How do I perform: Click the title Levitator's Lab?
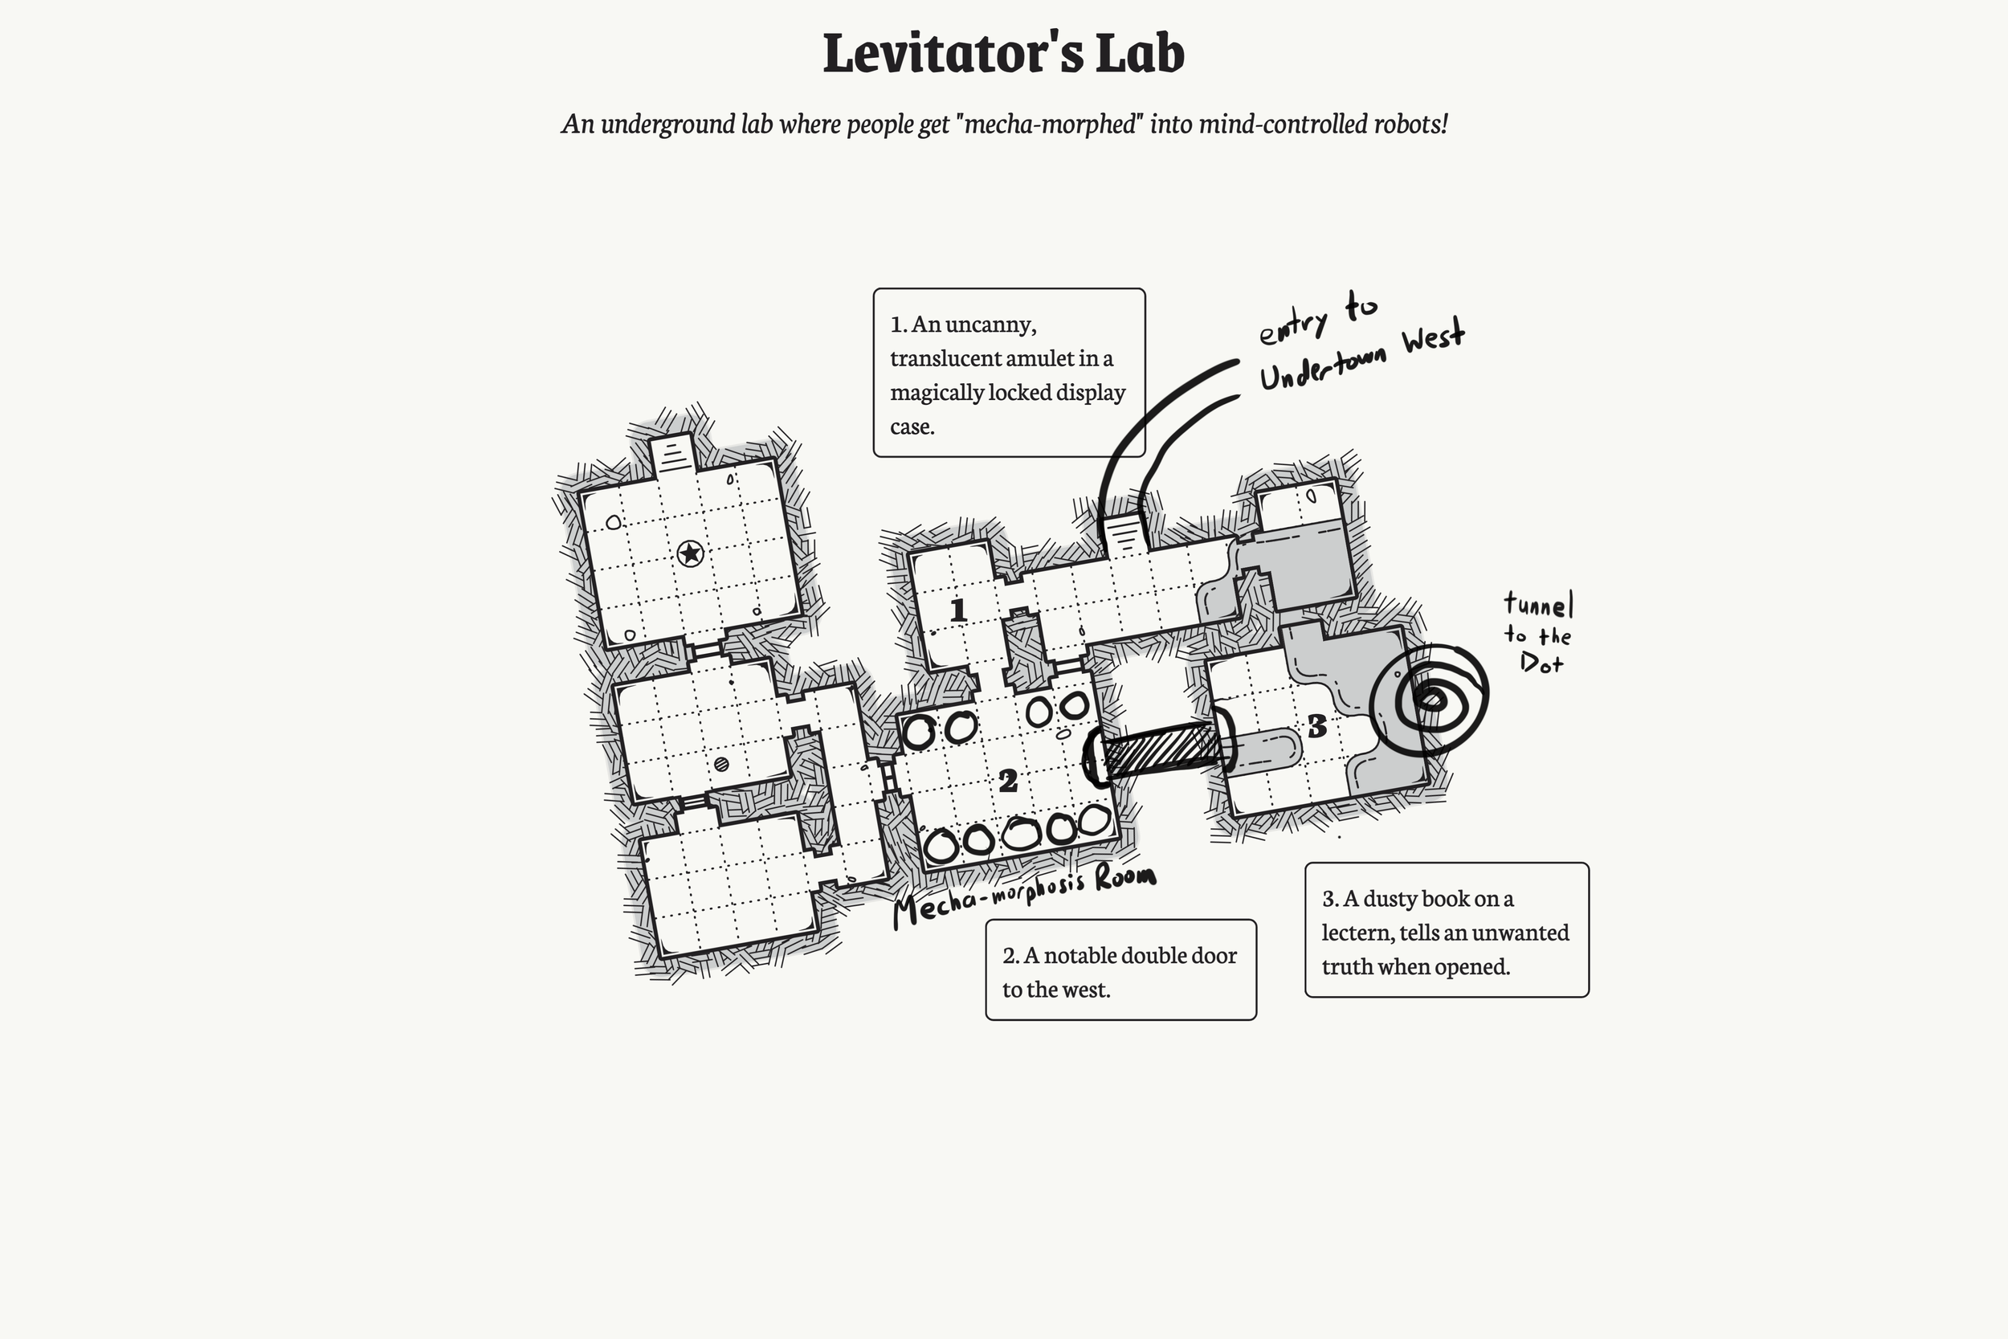tap(1003, 53)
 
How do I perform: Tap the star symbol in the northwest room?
tap(690, 554)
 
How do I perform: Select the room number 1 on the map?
tap(958, 610)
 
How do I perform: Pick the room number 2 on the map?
tap(1008, 780)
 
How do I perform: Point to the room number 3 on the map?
tap(1316, 727)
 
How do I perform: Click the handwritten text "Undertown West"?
tap(1361, 357)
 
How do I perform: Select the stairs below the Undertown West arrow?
tap(1124, 536)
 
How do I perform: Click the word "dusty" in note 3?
tap(1394, 898)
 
